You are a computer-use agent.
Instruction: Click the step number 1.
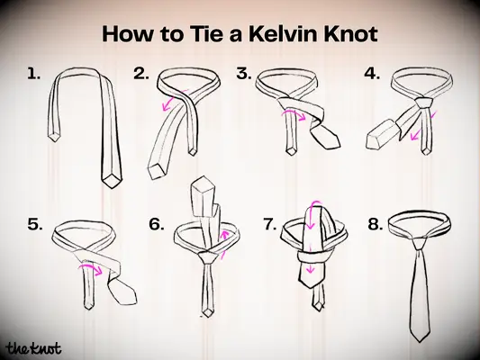(x=34, y=75)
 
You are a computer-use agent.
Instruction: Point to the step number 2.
(x=140, y=75)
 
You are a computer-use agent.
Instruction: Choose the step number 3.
(x=243, y=75)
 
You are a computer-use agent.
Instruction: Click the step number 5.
(x=36, y=225)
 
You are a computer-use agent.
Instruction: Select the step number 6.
(x=156, y=225)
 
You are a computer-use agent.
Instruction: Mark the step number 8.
(x=376, y=225)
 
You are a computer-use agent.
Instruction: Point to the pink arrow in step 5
(x=86, y=266)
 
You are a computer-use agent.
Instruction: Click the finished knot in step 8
(x=420, y=242)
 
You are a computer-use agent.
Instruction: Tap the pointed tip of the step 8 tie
(x=421, y=340)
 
